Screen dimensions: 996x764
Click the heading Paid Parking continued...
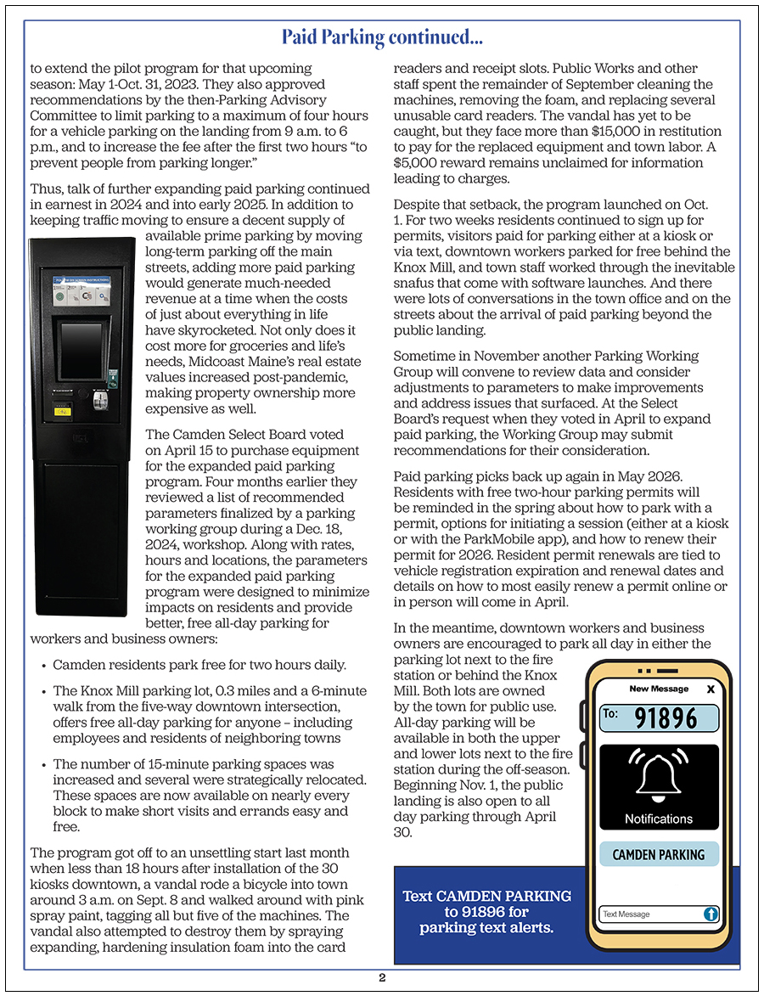point(382,37)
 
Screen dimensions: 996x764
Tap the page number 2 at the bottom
point(382,977)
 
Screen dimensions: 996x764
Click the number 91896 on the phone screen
point(666,718)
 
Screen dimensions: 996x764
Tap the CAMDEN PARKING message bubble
point(659,854)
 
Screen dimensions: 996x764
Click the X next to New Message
point(711,689)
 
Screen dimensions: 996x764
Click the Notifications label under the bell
point(659,819)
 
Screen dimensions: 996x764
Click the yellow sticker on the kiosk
point(63,411)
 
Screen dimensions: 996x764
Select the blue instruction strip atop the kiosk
point(81,279)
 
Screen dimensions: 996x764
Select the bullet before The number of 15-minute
point(43,765)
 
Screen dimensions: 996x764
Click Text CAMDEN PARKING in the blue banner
point(486,897)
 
